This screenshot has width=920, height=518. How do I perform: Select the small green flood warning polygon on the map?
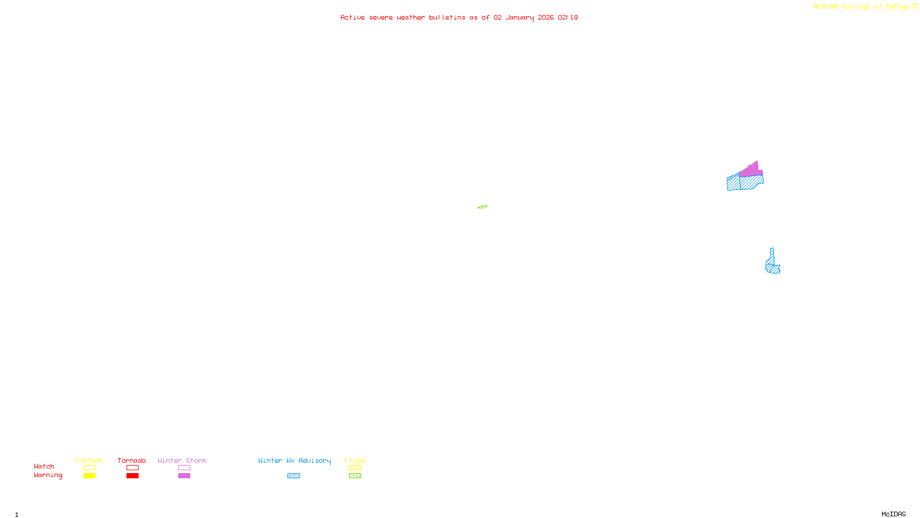482,207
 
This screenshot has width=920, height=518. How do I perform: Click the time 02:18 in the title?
568,17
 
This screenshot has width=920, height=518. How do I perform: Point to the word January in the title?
520,17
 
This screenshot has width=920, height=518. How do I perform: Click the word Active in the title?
352,17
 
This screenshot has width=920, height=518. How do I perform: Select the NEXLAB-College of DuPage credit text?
862,6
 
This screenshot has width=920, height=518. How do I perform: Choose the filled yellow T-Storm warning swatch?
89,475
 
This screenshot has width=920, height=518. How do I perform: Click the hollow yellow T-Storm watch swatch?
89,468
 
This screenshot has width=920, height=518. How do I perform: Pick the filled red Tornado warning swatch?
132,475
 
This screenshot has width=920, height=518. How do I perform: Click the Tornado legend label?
132,460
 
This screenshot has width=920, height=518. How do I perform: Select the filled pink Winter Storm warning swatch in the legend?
184,475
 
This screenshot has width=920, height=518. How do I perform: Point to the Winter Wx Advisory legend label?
294,460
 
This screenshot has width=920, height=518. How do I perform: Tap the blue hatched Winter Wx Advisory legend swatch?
293,475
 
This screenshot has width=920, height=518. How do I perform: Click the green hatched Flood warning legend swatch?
355,475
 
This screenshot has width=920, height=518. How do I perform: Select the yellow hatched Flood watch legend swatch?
355,468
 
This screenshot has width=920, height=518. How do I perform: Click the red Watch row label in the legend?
44,466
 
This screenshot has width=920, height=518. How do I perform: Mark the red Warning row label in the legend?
48,475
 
